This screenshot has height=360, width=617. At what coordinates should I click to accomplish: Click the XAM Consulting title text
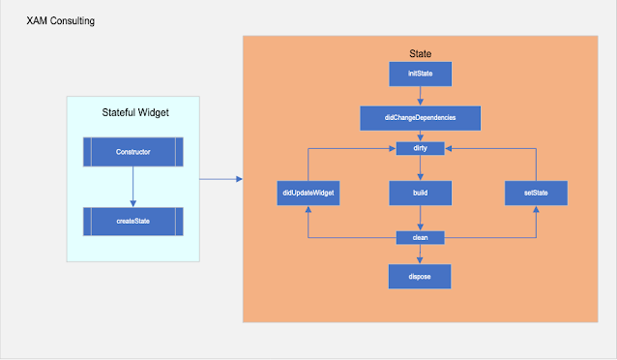pos(60,20)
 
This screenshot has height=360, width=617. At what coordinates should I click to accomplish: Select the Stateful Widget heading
pos(134,113)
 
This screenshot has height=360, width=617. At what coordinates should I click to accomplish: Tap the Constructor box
pos(132,152)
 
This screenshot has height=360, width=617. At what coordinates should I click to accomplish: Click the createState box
pos(132,222)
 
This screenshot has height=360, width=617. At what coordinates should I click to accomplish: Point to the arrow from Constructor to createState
pos(132,187)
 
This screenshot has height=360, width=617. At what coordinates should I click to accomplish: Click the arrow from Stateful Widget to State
pos(220,179)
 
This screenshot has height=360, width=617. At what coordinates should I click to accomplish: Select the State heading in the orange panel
pos(421,52)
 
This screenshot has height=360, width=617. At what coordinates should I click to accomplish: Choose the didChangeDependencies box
pos(420,118)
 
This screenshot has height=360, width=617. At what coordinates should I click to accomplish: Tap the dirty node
pos(420,148)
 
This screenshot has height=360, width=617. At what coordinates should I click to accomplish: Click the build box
pos(420,194)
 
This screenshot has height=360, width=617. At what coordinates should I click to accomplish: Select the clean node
pos(420,236)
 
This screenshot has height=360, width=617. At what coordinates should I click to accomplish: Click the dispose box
pos(420,277)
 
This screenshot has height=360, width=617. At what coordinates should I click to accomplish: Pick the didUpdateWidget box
pos(308,194)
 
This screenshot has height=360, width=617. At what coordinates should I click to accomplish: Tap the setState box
pos(536,194)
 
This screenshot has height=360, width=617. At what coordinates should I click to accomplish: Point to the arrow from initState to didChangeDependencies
pos(420,95)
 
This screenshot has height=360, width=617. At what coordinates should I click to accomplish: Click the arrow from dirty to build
pos(420,167)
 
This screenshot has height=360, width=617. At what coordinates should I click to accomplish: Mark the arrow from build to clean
pos(420,219)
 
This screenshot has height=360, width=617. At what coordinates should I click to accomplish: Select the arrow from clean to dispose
pos(420,254)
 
